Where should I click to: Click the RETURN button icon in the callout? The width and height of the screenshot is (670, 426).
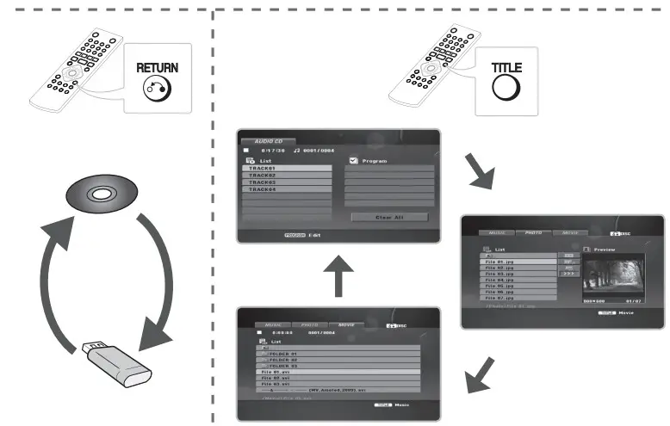point(157,87)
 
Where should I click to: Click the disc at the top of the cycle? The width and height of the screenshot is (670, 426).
point(102,194)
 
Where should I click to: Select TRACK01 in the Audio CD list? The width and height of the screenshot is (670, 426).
point(285,169)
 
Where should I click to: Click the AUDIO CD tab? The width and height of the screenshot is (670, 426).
point(269,141)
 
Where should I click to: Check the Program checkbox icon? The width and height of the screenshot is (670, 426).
point(354,160)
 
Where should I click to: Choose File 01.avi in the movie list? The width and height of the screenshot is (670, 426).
point(284,371)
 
